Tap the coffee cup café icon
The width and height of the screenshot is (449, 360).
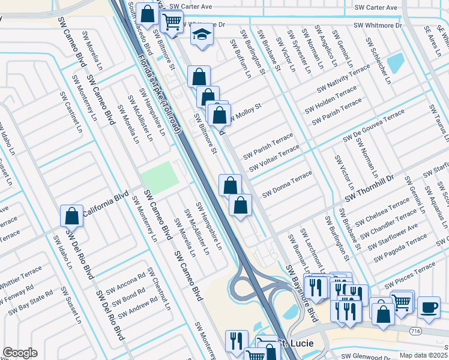tap(429, 307)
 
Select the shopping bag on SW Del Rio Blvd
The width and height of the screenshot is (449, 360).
tap(71, 216)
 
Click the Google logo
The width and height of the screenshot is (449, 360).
tap(20, 353)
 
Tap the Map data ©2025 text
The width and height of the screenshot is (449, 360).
tap(423, 355)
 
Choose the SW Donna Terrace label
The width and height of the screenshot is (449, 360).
tap(287, 184)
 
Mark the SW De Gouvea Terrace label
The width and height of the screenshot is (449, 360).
tap(373, 127)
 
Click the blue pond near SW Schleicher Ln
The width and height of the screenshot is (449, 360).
tap(396, 62)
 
